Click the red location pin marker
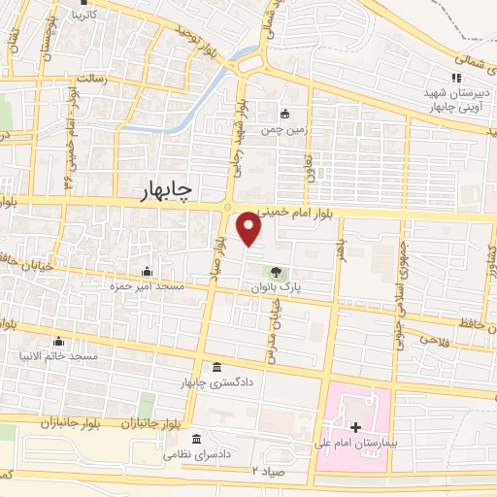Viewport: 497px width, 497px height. (x=250, y=229)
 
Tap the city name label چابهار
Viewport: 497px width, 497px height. (x=160, y=191)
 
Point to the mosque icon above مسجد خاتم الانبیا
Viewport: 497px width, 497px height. (x=59, y=341)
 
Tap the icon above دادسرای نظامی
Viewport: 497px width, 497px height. (x=197, y=437)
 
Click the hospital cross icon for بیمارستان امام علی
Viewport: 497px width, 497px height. (x=355, y=426)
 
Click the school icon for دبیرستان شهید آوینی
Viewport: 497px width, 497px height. (x=454, y=79)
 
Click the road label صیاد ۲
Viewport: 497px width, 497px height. (x=264, y=471)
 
